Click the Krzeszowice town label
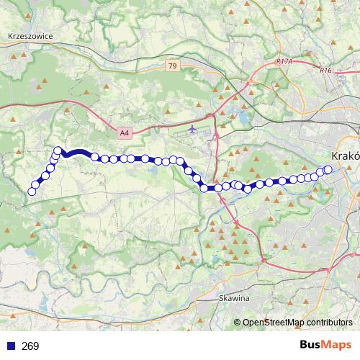[x=30, y=35]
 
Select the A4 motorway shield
[x=125, y=132]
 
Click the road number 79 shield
[x=171, y=66]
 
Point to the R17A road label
[x=284, y=63]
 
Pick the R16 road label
[x=325, y=70]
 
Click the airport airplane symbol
[x=193, y=130]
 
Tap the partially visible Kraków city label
[x=345, y=156]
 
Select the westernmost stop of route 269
[x=32, y=191]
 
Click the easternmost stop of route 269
[x=328, y=170]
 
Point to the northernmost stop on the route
[x=58, y=150]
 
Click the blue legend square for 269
[x=11, y=346]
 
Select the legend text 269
[x=30, y=346]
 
